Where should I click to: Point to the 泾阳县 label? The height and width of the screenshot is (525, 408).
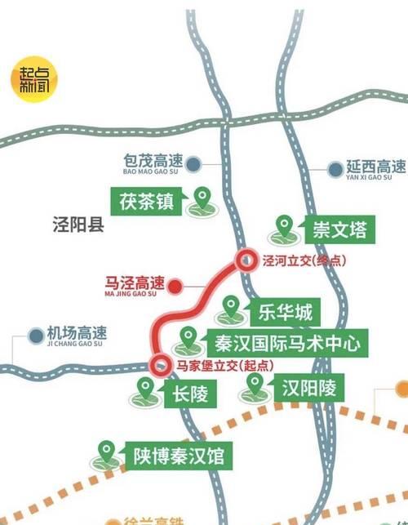point(77,225)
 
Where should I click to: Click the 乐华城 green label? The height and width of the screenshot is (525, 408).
point(286,311)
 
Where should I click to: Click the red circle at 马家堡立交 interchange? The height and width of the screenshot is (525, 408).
point(161,366)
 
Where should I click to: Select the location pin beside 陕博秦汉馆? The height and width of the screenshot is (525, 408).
point(106,452)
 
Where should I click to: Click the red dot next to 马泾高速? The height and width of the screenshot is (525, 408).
point(175,287)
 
